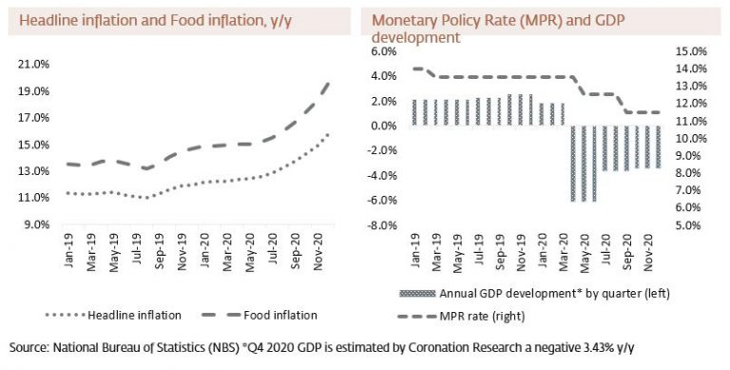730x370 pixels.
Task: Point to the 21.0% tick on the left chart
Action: pyautogui.click(x=33, y=64)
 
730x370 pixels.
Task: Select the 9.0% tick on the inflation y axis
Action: pyautogui.click(x=36, y=224)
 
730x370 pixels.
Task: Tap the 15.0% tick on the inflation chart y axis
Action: pyautogui.click(x=33, y=145)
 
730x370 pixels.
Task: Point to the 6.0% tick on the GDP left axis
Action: pyautogui.click(x=384, y=51)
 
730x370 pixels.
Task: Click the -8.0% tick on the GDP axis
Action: pyautogui.click(x=382, y=225)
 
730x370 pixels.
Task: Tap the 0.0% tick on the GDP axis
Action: pyautogui.click(x=384, y=126)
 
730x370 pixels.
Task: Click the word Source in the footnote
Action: pyautogui.click(x=28, y=348)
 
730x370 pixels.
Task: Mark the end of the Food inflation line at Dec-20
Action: pyautogui.click(x=329, y=84)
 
